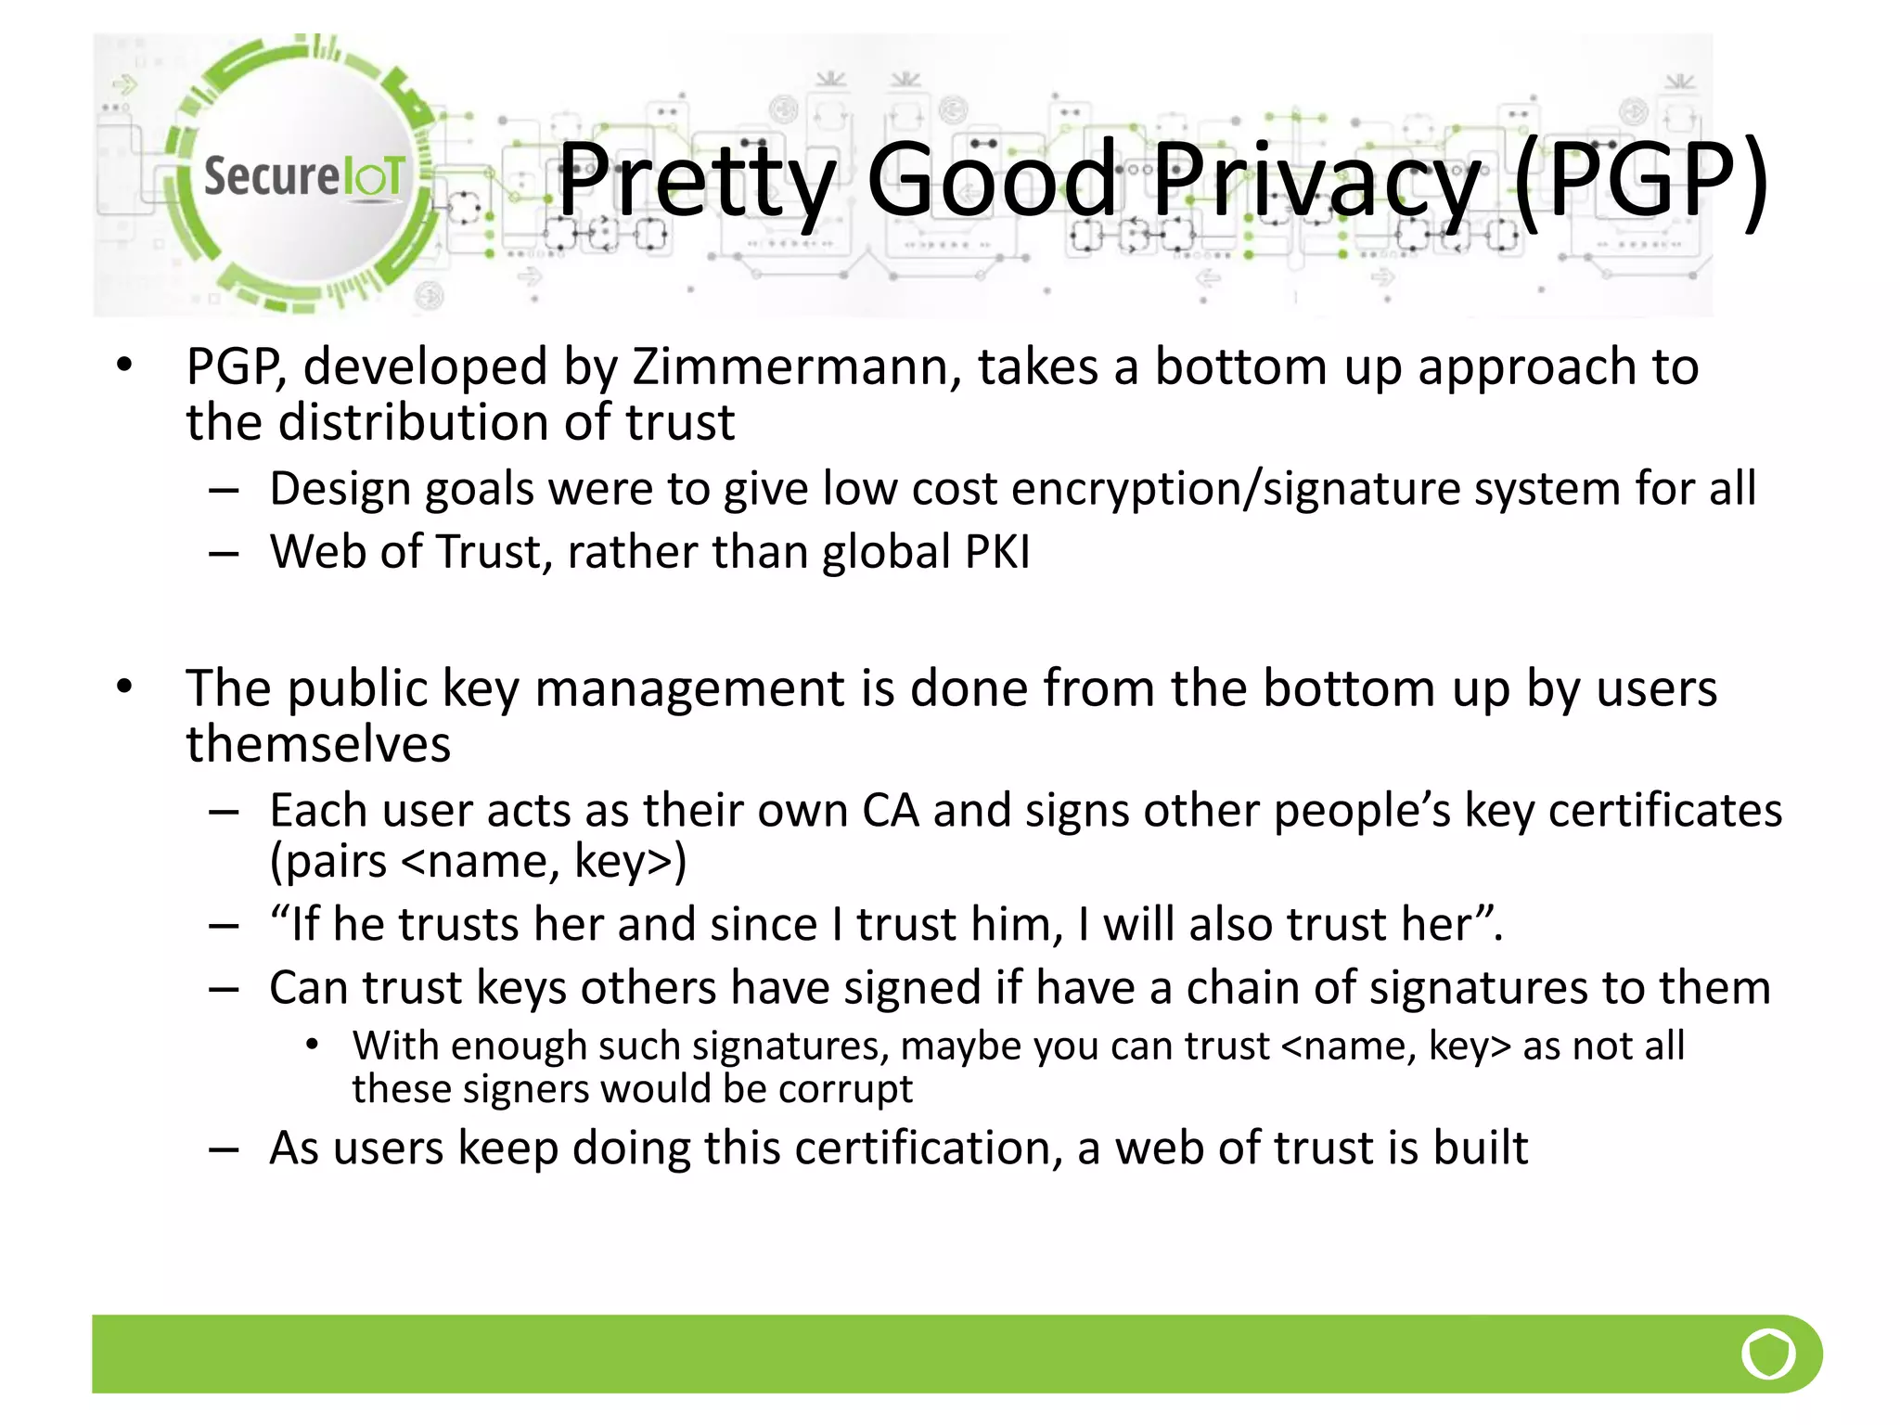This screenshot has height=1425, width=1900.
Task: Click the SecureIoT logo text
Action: [x=303, y=175]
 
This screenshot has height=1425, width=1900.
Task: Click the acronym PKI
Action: [x=997, y=552]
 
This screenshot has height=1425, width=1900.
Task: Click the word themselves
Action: [x=318, y=745]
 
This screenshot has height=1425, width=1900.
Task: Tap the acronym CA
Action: [x=890, y=811]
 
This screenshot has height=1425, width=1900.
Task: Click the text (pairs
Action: [x=327, y=862]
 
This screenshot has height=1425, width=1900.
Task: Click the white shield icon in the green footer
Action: [x=1767, y=1354]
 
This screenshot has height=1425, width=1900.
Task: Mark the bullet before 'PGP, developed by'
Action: [x=124, y=365]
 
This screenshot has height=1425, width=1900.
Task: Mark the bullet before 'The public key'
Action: [x=124, y=687]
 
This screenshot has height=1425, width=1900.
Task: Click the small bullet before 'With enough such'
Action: [x=313, y=1046]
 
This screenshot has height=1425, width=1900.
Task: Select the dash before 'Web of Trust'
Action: [x=224, y=554]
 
